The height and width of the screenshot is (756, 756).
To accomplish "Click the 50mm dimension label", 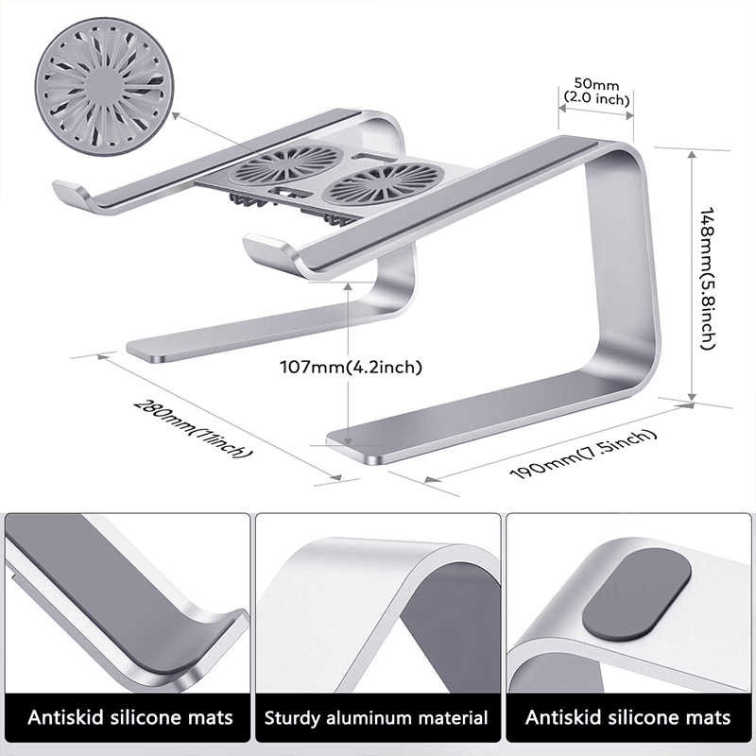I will click(x=595, y=85).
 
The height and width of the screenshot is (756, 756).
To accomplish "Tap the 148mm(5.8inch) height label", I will click(x=704, y=279).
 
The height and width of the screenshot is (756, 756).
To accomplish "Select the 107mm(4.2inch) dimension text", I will click(x=351, y=367).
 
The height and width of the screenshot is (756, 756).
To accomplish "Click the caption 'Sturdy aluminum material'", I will click(x=376, y=718).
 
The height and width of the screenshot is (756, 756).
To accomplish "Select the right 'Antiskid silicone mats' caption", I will click(x=628, y=718).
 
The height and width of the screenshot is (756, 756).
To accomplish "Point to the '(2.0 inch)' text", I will click(x=595, y=98).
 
